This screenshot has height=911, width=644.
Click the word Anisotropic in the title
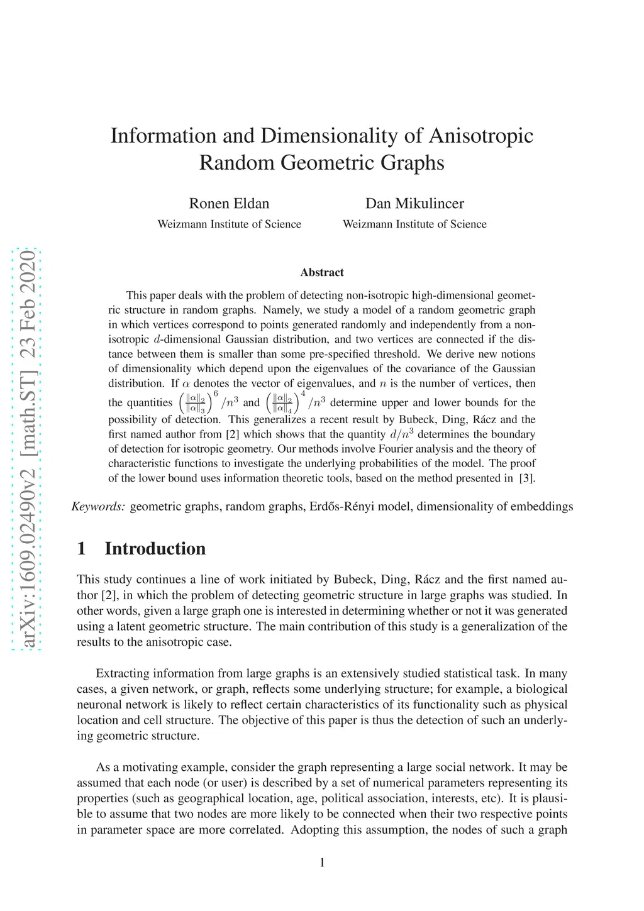pos(481,136)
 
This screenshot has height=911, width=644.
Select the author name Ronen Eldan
pos(229,204)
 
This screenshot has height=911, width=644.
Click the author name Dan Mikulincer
pos(414,204)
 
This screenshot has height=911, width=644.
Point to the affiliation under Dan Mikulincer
pos(414,224)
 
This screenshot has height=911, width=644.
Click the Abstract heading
pos(322,272)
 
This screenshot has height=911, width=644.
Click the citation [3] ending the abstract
pos(527,478)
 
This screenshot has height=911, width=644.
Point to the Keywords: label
pos(99,507)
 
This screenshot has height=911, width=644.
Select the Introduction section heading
pos(155,549)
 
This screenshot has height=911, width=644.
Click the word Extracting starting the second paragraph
pos(124,673)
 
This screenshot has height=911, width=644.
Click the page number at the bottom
pos(322,863)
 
